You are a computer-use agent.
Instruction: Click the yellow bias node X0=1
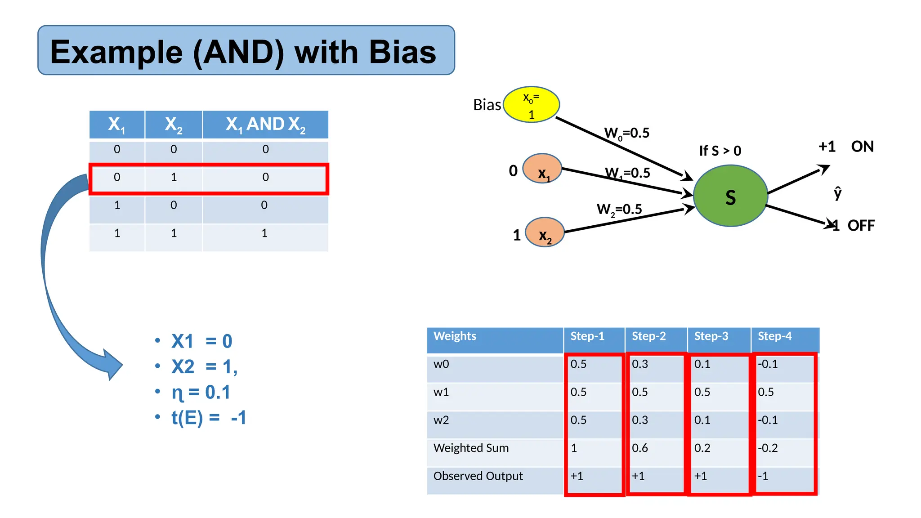tap(531, 105)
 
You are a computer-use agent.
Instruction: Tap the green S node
tap(730, 196)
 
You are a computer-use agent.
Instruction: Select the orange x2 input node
tap(545, 232)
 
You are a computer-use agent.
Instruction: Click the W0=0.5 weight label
tap(626, 133)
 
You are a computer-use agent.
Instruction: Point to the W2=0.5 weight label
tap(619, 210)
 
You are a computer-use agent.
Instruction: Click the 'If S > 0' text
tap(720, 151)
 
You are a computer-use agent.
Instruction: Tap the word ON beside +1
tap(862, 147)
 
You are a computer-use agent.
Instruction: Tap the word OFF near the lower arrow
tap(861, 226)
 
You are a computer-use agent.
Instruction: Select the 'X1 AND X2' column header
tap(265, 125)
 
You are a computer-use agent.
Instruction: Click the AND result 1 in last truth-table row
tap(264, 233)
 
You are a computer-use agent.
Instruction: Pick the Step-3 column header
tap(711, 336)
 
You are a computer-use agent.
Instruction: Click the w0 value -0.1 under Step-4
tap(768, 364)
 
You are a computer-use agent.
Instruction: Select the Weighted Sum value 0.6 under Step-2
tap(640, 448)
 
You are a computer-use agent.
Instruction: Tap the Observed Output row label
tap(478, 476)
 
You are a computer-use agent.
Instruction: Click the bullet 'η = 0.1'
tap(201, 393)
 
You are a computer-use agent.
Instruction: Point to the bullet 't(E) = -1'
tap(209, 418)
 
